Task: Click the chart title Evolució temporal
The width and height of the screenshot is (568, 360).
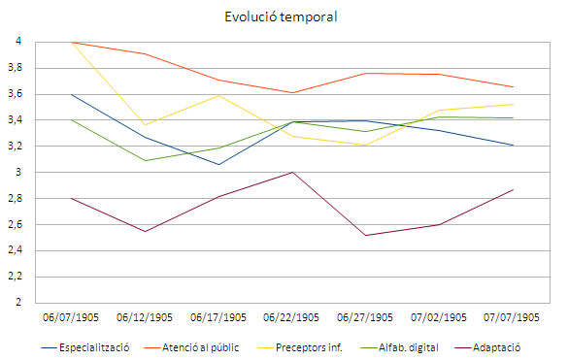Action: pos(284,16)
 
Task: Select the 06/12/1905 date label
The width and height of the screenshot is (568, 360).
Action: pos(145,317)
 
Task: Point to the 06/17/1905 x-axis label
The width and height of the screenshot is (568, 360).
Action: pos(219,317)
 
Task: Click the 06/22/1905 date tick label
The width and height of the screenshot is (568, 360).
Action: pos(292,317)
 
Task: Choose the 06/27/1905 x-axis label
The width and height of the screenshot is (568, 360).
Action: pos(366,317)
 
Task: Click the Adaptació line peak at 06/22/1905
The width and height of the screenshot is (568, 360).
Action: pos(292,172)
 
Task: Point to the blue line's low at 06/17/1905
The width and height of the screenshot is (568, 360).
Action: pos(219,164)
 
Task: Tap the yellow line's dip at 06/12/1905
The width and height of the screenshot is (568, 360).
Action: pos(145,124)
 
